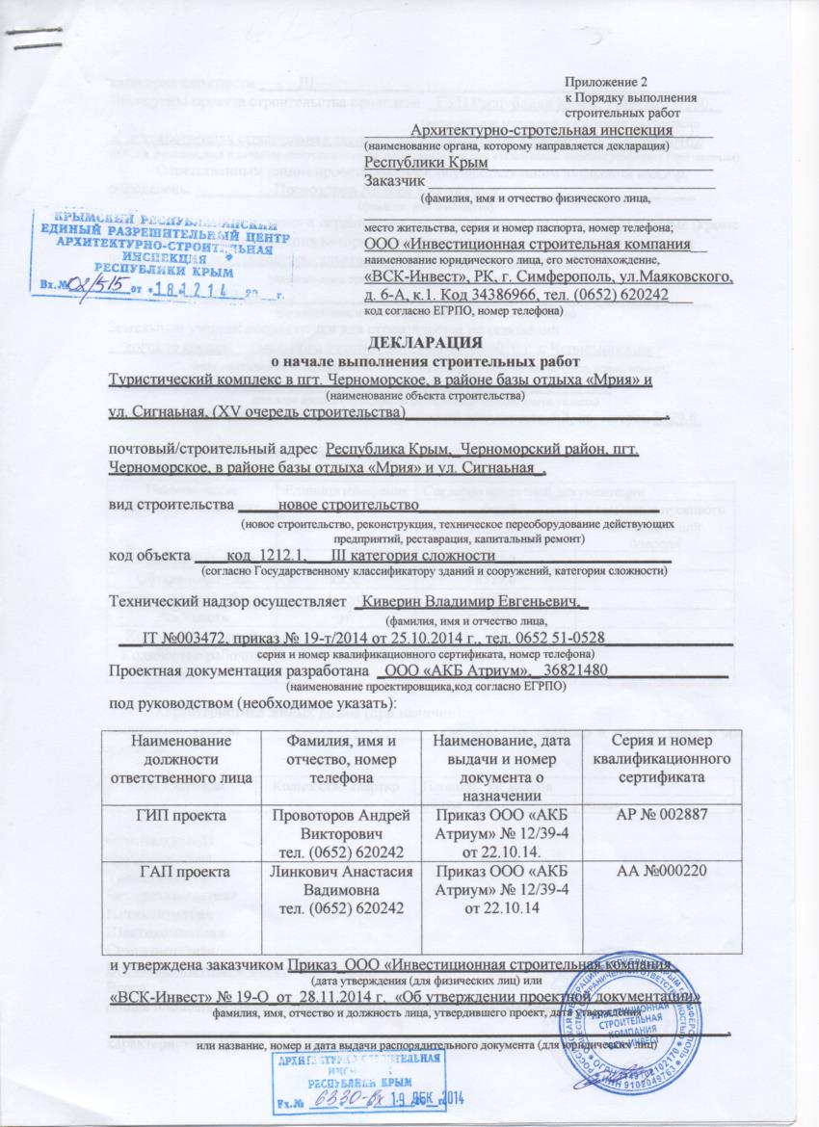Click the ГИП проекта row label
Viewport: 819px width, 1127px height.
[x=183, y=815]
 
